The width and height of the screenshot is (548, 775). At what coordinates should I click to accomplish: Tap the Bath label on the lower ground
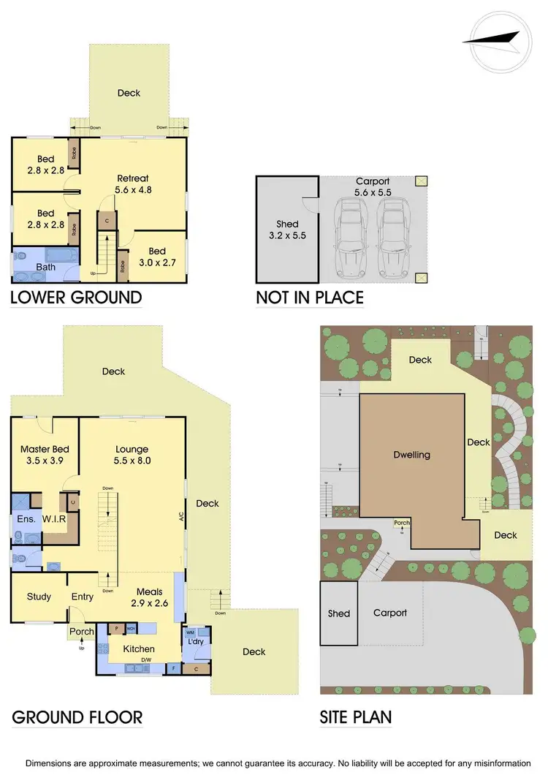45,267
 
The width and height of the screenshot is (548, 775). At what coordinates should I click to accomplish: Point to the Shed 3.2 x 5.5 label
286,230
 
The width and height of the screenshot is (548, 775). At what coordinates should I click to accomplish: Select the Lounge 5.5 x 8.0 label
132,455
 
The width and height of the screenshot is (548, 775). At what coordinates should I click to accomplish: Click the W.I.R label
54,519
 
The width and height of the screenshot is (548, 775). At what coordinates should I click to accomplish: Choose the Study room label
39,597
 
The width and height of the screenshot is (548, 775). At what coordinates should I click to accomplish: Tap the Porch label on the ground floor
81,632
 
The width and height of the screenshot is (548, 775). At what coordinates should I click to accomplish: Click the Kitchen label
138,649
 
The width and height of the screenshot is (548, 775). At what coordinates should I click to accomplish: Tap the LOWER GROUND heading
76,298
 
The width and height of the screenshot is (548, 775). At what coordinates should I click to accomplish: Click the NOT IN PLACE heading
309,298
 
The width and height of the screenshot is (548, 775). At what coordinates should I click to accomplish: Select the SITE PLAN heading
356,717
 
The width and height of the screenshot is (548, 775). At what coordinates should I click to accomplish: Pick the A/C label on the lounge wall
179,515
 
